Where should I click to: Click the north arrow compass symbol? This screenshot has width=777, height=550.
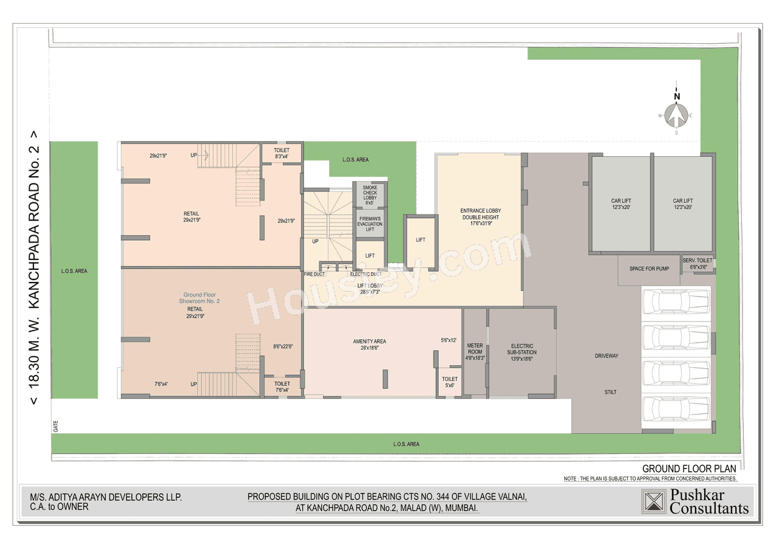point(676,114)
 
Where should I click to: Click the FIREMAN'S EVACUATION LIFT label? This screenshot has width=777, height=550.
point(370,224)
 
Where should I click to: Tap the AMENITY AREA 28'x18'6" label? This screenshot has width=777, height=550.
point(370,345)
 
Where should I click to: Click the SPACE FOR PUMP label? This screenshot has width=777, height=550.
point(649,269)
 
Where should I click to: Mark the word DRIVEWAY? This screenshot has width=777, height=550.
point(606,356)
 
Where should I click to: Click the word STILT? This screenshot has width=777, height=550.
point(610,392)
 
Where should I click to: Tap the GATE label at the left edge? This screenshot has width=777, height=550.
point(55,427)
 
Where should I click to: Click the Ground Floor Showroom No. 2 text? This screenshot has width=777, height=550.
point(199,298)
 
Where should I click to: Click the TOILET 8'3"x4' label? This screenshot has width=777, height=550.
point(282,153)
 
